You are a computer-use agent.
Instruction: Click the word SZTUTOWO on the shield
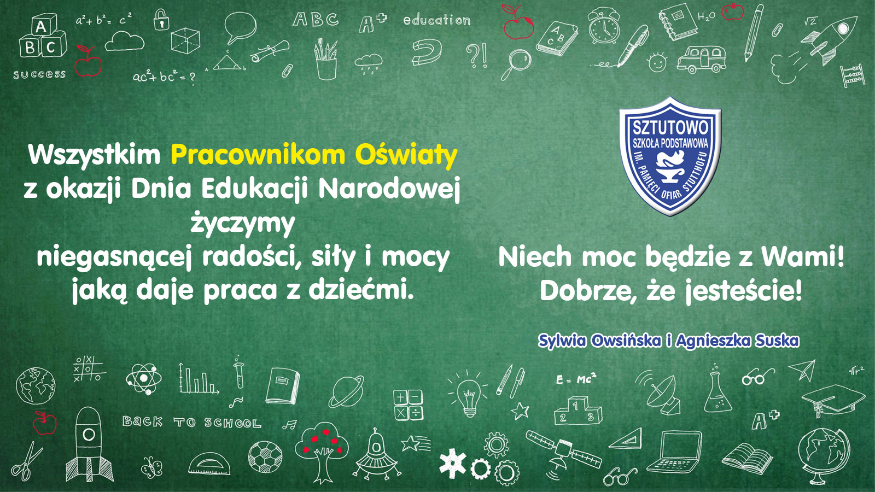click(x=670, y=127)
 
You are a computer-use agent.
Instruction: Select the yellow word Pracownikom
click(x=258, y=155)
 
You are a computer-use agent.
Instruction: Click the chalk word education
click(x=437, y=20)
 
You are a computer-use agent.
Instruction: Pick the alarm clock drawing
click(x=604, y=26)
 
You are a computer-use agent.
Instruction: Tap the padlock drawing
click(x=161, y=20)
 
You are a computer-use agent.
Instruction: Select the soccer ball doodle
click(x=265, y=456)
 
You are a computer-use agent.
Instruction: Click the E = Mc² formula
click(x=576, y=378)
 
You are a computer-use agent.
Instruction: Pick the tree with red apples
click(x=321, y=452)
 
